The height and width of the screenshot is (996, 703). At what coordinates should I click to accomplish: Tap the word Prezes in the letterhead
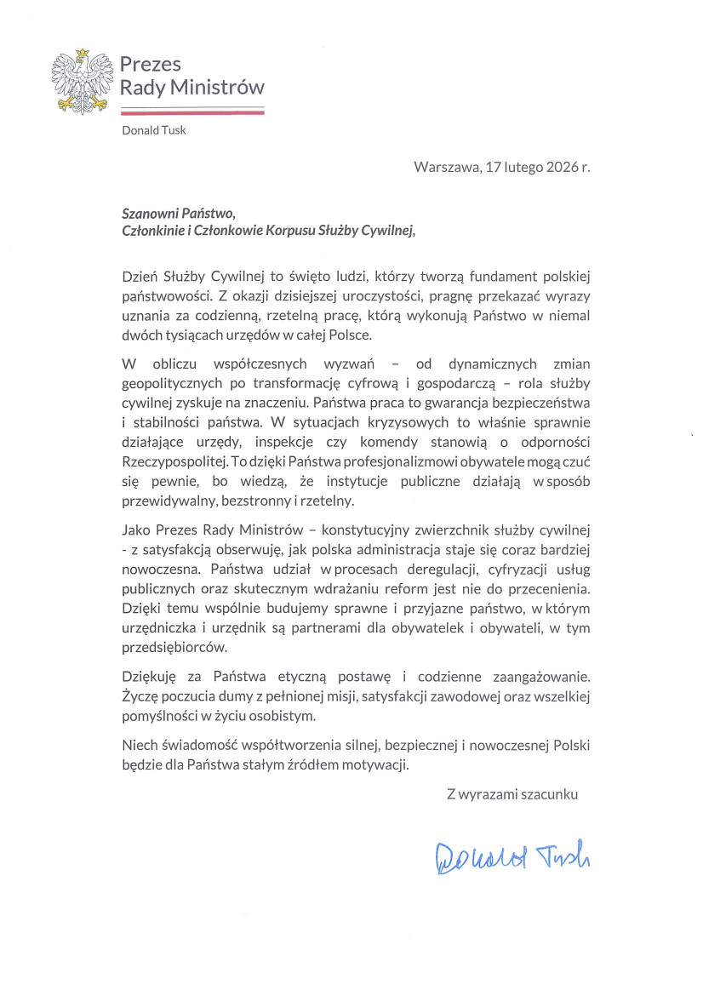pyautogui.click(x=151, y=65)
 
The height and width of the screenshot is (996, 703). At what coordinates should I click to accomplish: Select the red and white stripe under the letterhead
pyautogui.click(x=191, y=110)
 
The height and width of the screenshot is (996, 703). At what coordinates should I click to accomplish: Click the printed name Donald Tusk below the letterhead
pyautogui.click(x=153, y=130)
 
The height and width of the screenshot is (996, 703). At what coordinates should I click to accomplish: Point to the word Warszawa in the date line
pyautogui.click(x=444, y=167)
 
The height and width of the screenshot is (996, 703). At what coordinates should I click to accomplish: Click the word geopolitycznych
pyautogui.click(x=173, y=383)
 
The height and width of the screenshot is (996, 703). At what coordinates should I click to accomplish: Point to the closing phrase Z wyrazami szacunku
pyautogui.click(x=512, y=793)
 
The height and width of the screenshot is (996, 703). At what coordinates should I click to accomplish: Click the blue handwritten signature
pyautogui.click(x=512, y=856)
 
